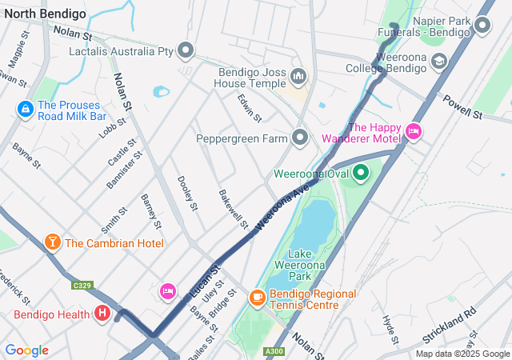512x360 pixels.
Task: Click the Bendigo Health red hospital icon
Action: pos(102,314)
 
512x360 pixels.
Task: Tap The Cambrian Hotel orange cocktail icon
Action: pos(52,242)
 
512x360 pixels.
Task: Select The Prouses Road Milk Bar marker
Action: pos(25,107)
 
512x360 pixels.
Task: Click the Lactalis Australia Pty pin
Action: pos(186,51)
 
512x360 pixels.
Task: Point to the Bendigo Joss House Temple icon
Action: pos(298,77)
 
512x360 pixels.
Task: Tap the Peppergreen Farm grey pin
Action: pos(300,138)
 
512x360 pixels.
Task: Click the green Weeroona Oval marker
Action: pos(360,172)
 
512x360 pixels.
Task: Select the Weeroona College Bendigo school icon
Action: pos(438,61)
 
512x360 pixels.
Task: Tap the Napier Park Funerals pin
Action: pos(482,26)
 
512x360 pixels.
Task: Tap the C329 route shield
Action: pos(81,285)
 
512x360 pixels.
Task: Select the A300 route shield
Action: pos(274,350)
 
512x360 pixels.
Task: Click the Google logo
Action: pos(26,350)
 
